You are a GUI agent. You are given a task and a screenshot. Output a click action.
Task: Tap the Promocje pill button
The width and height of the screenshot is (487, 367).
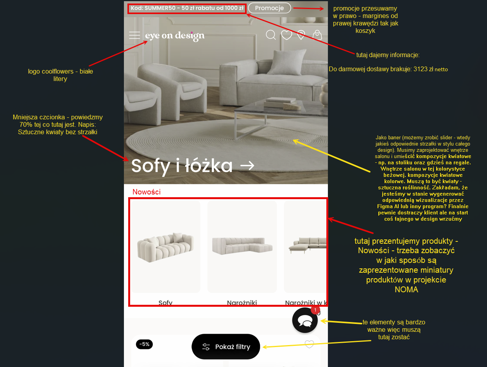pos(269,8)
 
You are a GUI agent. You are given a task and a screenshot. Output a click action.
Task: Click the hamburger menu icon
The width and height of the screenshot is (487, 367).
pos(134,35)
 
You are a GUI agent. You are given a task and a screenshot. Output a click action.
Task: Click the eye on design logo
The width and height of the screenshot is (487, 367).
pos(175,36)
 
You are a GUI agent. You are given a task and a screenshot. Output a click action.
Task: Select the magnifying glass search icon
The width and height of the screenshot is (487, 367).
pos(271,35)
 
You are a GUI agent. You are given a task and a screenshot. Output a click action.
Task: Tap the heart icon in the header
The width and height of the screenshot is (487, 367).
pos(286,35)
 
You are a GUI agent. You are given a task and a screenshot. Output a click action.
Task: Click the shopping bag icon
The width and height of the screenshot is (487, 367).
pos(317,35)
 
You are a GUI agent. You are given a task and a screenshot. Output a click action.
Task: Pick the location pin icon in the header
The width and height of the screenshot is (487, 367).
pos(301,35)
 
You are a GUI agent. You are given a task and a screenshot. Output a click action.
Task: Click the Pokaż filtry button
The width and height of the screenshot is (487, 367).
pos(226,347)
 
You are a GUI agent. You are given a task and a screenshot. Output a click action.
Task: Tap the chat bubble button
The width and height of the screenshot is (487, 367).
pos(305,320)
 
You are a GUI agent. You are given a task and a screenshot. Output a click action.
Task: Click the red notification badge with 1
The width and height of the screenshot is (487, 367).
pos(315,310)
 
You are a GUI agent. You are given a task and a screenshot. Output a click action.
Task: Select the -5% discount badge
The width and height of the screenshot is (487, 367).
pos(144,344)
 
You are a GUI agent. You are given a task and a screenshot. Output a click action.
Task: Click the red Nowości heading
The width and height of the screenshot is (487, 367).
pos(147,192)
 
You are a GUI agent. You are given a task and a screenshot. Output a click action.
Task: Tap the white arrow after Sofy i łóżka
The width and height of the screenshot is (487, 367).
pos(247,166)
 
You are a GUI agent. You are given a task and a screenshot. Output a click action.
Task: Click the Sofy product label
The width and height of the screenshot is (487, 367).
pos(165,302)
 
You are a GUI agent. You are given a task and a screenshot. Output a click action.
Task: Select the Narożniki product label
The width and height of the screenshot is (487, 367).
pos(242,302)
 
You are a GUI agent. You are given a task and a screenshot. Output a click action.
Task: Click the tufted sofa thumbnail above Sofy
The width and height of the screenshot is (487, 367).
pos(165,247)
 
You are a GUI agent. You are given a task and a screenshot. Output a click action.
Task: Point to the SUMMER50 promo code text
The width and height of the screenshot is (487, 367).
pos(187,8)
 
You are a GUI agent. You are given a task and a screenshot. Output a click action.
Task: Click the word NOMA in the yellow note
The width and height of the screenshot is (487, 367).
pos(406,290)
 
